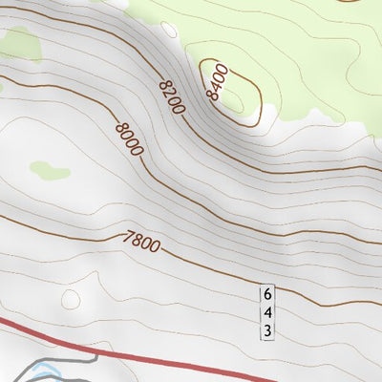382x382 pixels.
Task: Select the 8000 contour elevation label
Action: (128, 139)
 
